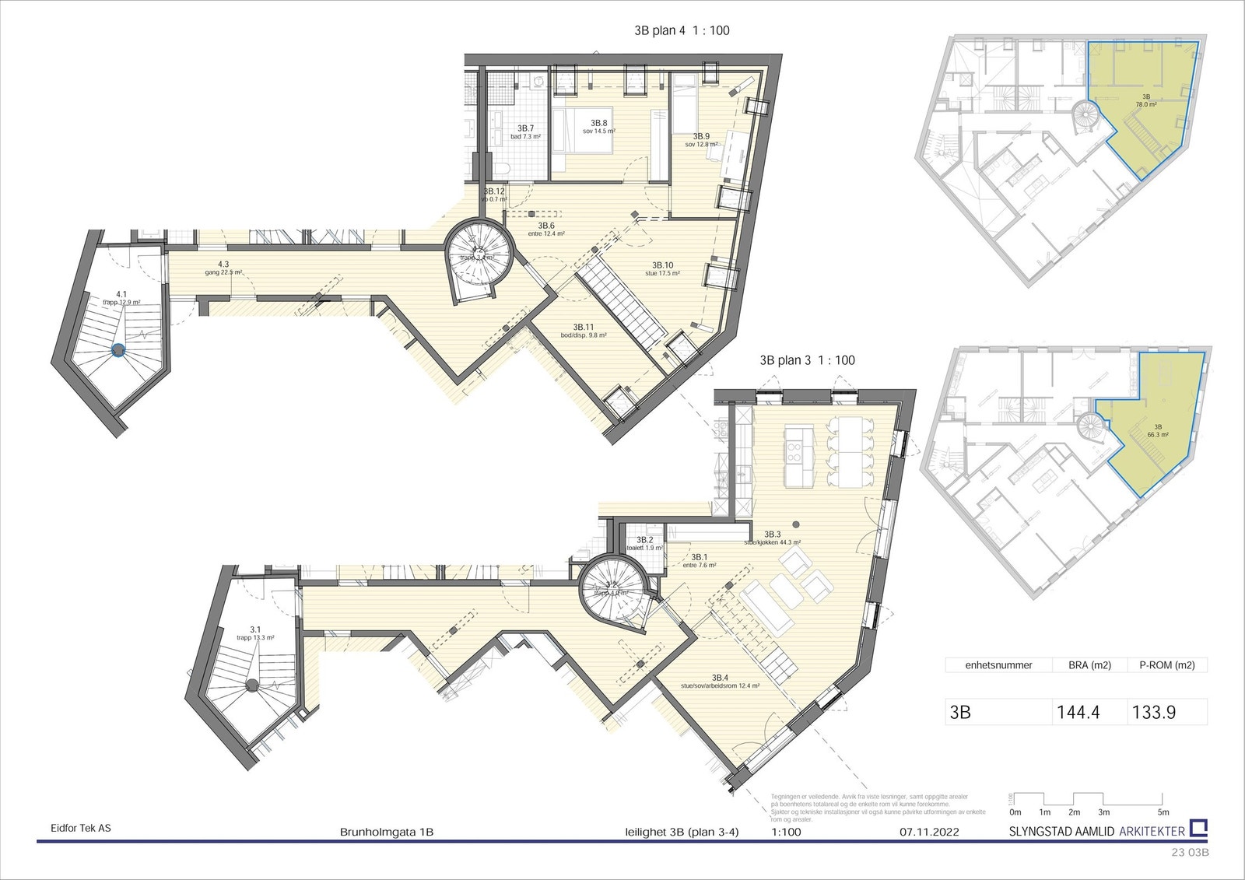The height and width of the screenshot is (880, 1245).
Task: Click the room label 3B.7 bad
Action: pyautogui.click(x=525, y=132)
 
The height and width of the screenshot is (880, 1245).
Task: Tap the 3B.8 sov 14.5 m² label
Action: pyautogui.click(x=598, y=127)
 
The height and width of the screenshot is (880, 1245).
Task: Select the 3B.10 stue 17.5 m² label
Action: pyautogui.click(x=662, y=269)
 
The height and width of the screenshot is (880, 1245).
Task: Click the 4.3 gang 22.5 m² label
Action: pyautogui.click(x=223, y=268)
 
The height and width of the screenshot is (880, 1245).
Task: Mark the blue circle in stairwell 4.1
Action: pyautogui.click(x=117, y=350)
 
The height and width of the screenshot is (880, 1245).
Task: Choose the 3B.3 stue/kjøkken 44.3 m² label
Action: pyautogui.click(x=772, y=538)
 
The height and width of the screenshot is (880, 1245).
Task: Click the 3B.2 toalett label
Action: pyautogui.click(x=644, y=543)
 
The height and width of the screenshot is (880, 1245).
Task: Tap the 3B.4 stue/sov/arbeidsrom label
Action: pyautogui.click(x=720, y=681)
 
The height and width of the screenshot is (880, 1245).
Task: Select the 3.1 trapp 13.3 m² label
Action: pyautogui.click(x=254, y=633)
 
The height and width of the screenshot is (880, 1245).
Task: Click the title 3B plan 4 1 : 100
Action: pyautogui.click(x=682, y=30)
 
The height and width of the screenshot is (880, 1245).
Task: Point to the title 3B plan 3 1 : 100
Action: pyautogui.click(x=807, y=360)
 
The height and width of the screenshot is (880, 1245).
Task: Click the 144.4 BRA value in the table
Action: pyautogui.click(x=1078, y=712)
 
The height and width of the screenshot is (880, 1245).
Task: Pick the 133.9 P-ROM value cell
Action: pyautogui.click(x=1153, y=712)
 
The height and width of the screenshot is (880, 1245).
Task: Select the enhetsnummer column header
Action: pyautogui.click(x=998, y=665)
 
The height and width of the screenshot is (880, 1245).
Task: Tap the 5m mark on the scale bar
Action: pyautogui.click(x=1163, y=812)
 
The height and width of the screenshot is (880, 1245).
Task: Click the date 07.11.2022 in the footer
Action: pyautogui.click(x=929, y=832)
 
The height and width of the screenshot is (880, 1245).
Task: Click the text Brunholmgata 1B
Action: pyautogui.click(x=387, y=832)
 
